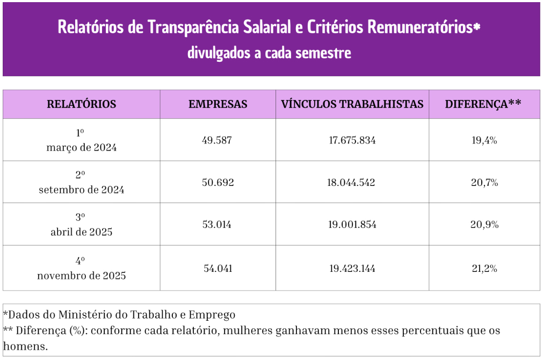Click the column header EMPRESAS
point(218,104)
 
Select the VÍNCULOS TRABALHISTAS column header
point(352,104)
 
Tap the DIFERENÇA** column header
point(483,104)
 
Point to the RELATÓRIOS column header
point(81,104)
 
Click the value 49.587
point(218,140)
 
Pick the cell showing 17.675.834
point(352,140)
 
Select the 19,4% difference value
point(484,140)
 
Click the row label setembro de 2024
point(81,190)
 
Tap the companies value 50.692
point(218,183)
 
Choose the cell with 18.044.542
point(352,183)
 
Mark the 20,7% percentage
point(484,183)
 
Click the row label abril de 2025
point(81,232)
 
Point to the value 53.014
point(218,225)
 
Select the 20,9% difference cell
point(484,225)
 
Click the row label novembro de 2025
point(81,276)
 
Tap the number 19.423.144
point(352,268)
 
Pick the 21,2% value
point(484,268)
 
